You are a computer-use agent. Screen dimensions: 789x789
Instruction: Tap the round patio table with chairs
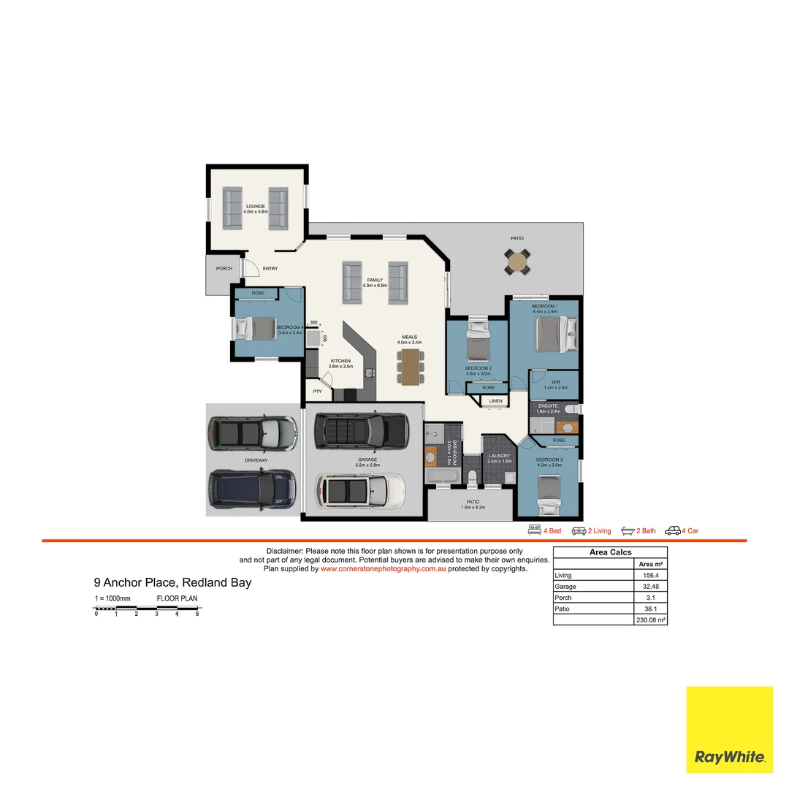coord(517,262)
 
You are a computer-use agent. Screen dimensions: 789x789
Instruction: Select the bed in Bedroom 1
coord(556,334)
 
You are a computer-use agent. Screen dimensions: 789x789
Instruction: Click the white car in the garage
coord(359,492)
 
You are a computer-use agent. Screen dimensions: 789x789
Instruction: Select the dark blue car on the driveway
coord(252,489)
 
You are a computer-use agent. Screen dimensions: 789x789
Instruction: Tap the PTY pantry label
coord(317,392)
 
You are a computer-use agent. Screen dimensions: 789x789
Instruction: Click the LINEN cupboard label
coord(496,401)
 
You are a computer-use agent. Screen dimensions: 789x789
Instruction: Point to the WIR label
coord(555,382)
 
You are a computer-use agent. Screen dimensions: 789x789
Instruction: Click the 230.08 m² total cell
coord(650,620)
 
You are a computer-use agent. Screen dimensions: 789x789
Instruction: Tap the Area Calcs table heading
coord(610,552)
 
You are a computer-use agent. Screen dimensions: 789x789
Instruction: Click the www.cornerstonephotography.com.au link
coord(383,568)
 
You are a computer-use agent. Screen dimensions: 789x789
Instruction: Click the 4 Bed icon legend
coord(544,531)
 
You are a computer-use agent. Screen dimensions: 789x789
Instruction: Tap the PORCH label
coord(224,269)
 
